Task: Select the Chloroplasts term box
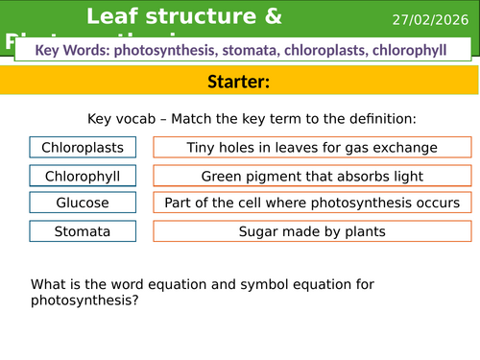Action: [x=83, y=148]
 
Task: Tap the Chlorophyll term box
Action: [x=83, y=176]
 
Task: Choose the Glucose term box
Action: [x=83, y=204]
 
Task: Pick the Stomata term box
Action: [x=83, y=231]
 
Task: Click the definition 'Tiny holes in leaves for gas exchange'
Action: [x=313, y=148]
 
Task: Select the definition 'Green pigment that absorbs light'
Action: [x=313, y=176]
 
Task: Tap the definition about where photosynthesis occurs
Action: [x=313, y=204]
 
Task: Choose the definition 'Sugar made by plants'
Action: [x=313, y=231]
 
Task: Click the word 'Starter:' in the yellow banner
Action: [x=240, y=83]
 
